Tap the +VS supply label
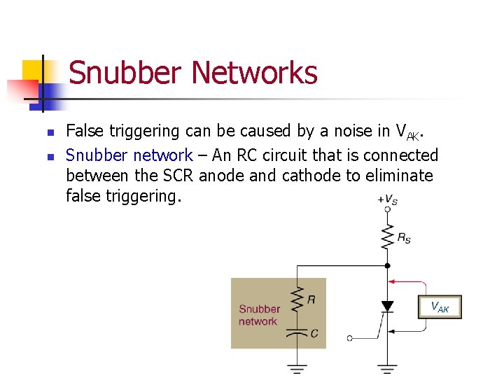click(x=387, y=199)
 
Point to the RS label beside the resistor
click(x=404, y=238)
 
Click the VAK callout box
click(x=440, y=307)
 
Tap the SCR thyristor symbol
click(x=387, y=307)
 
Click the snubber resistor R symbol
click(x=297, y=300)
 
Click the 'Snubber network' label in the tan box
click(x=259, y=315)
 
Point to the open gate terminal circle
click(x=350, y=338)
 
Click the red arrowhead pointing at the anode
click(x=393, y=282)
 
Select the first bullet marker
click(x=48, y=132)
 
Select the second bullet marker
click(x=48, y=156)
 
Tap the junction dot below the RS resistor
click(x=387, y=265)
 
